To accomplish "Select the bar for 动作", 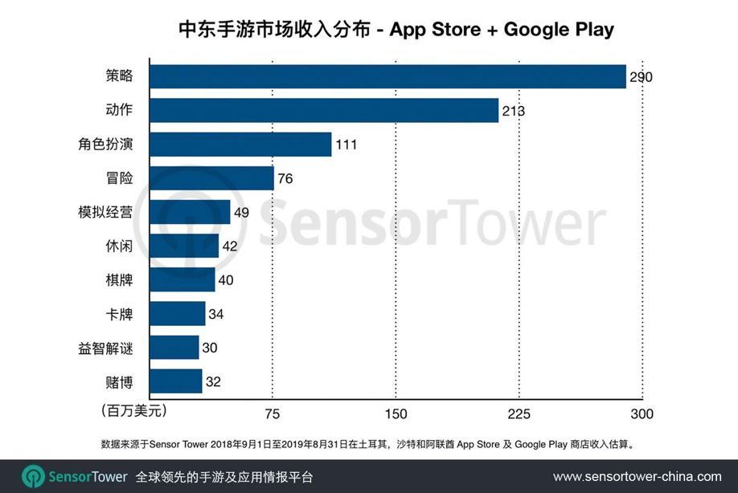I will point(324,110).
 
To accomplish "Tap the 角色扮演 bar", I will point(240,145).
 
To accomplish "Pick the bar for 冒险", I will point(211,178).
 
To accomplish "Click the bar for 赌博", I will point(175,381).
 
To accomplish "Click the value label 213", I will point(513,111).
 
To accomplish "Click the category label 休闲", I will point(118,246).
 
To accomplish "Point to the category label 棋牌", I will point(118,280).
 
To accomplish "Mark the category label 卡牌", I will point(118,314).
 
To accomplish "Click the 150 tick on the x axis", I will point(396,414).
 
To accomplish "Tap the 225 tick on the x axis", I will point(519,414).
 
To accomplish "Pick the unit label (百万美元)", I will point(133,411).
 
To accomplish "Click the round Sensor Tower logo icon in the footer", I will point(33,476).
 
